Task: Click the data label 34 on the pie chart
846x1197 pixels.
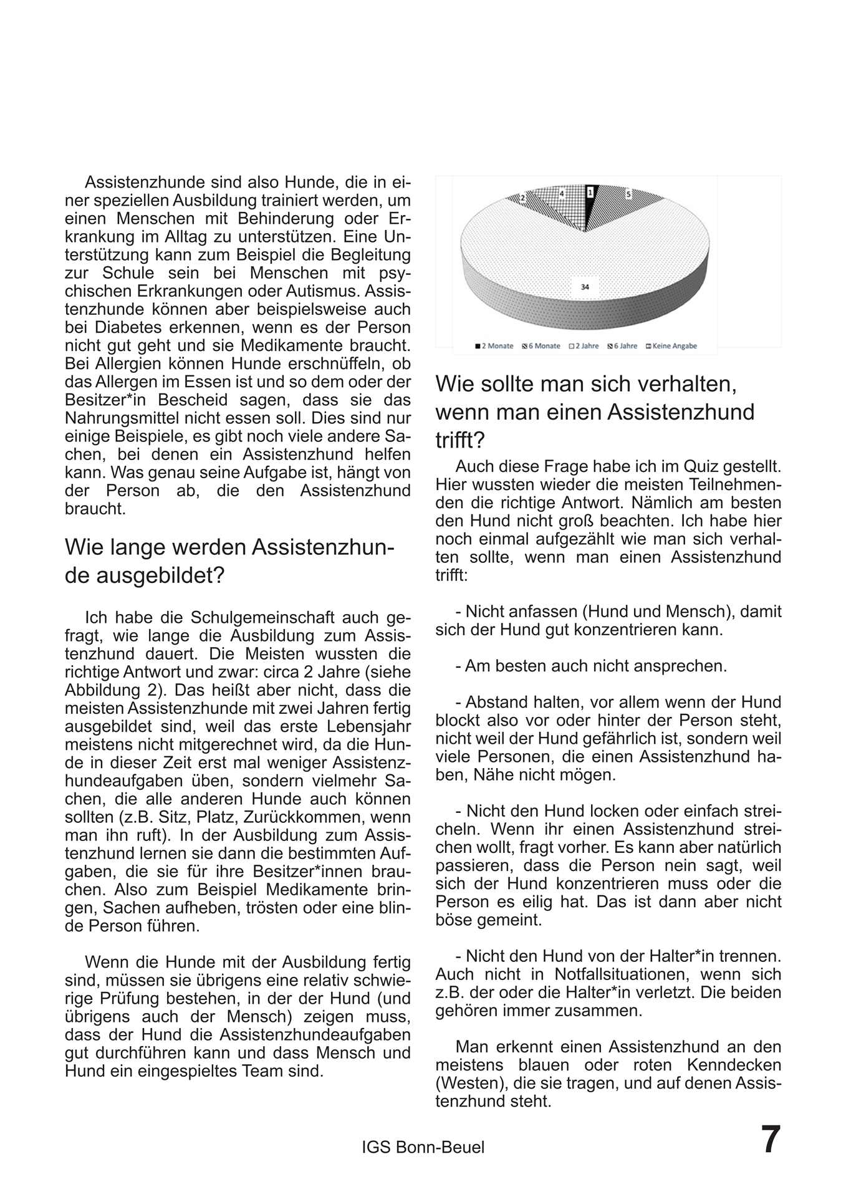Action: (584, 287)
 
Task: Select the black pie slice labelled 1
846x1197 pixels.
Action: (591, 199)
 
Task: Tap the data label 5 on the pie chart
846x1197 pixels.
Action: (628, 195)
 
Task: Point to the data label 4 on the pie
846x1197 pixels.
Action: (562, 195)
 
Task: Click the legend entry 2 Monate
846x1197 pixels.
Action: (494, 346)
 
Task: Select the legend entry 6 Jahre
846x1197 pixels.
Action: (622, 346)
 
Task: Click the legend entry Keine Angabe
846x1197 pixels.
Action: (671, 346)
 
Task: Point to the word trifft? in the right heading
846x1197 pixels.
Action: (460, 440)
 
